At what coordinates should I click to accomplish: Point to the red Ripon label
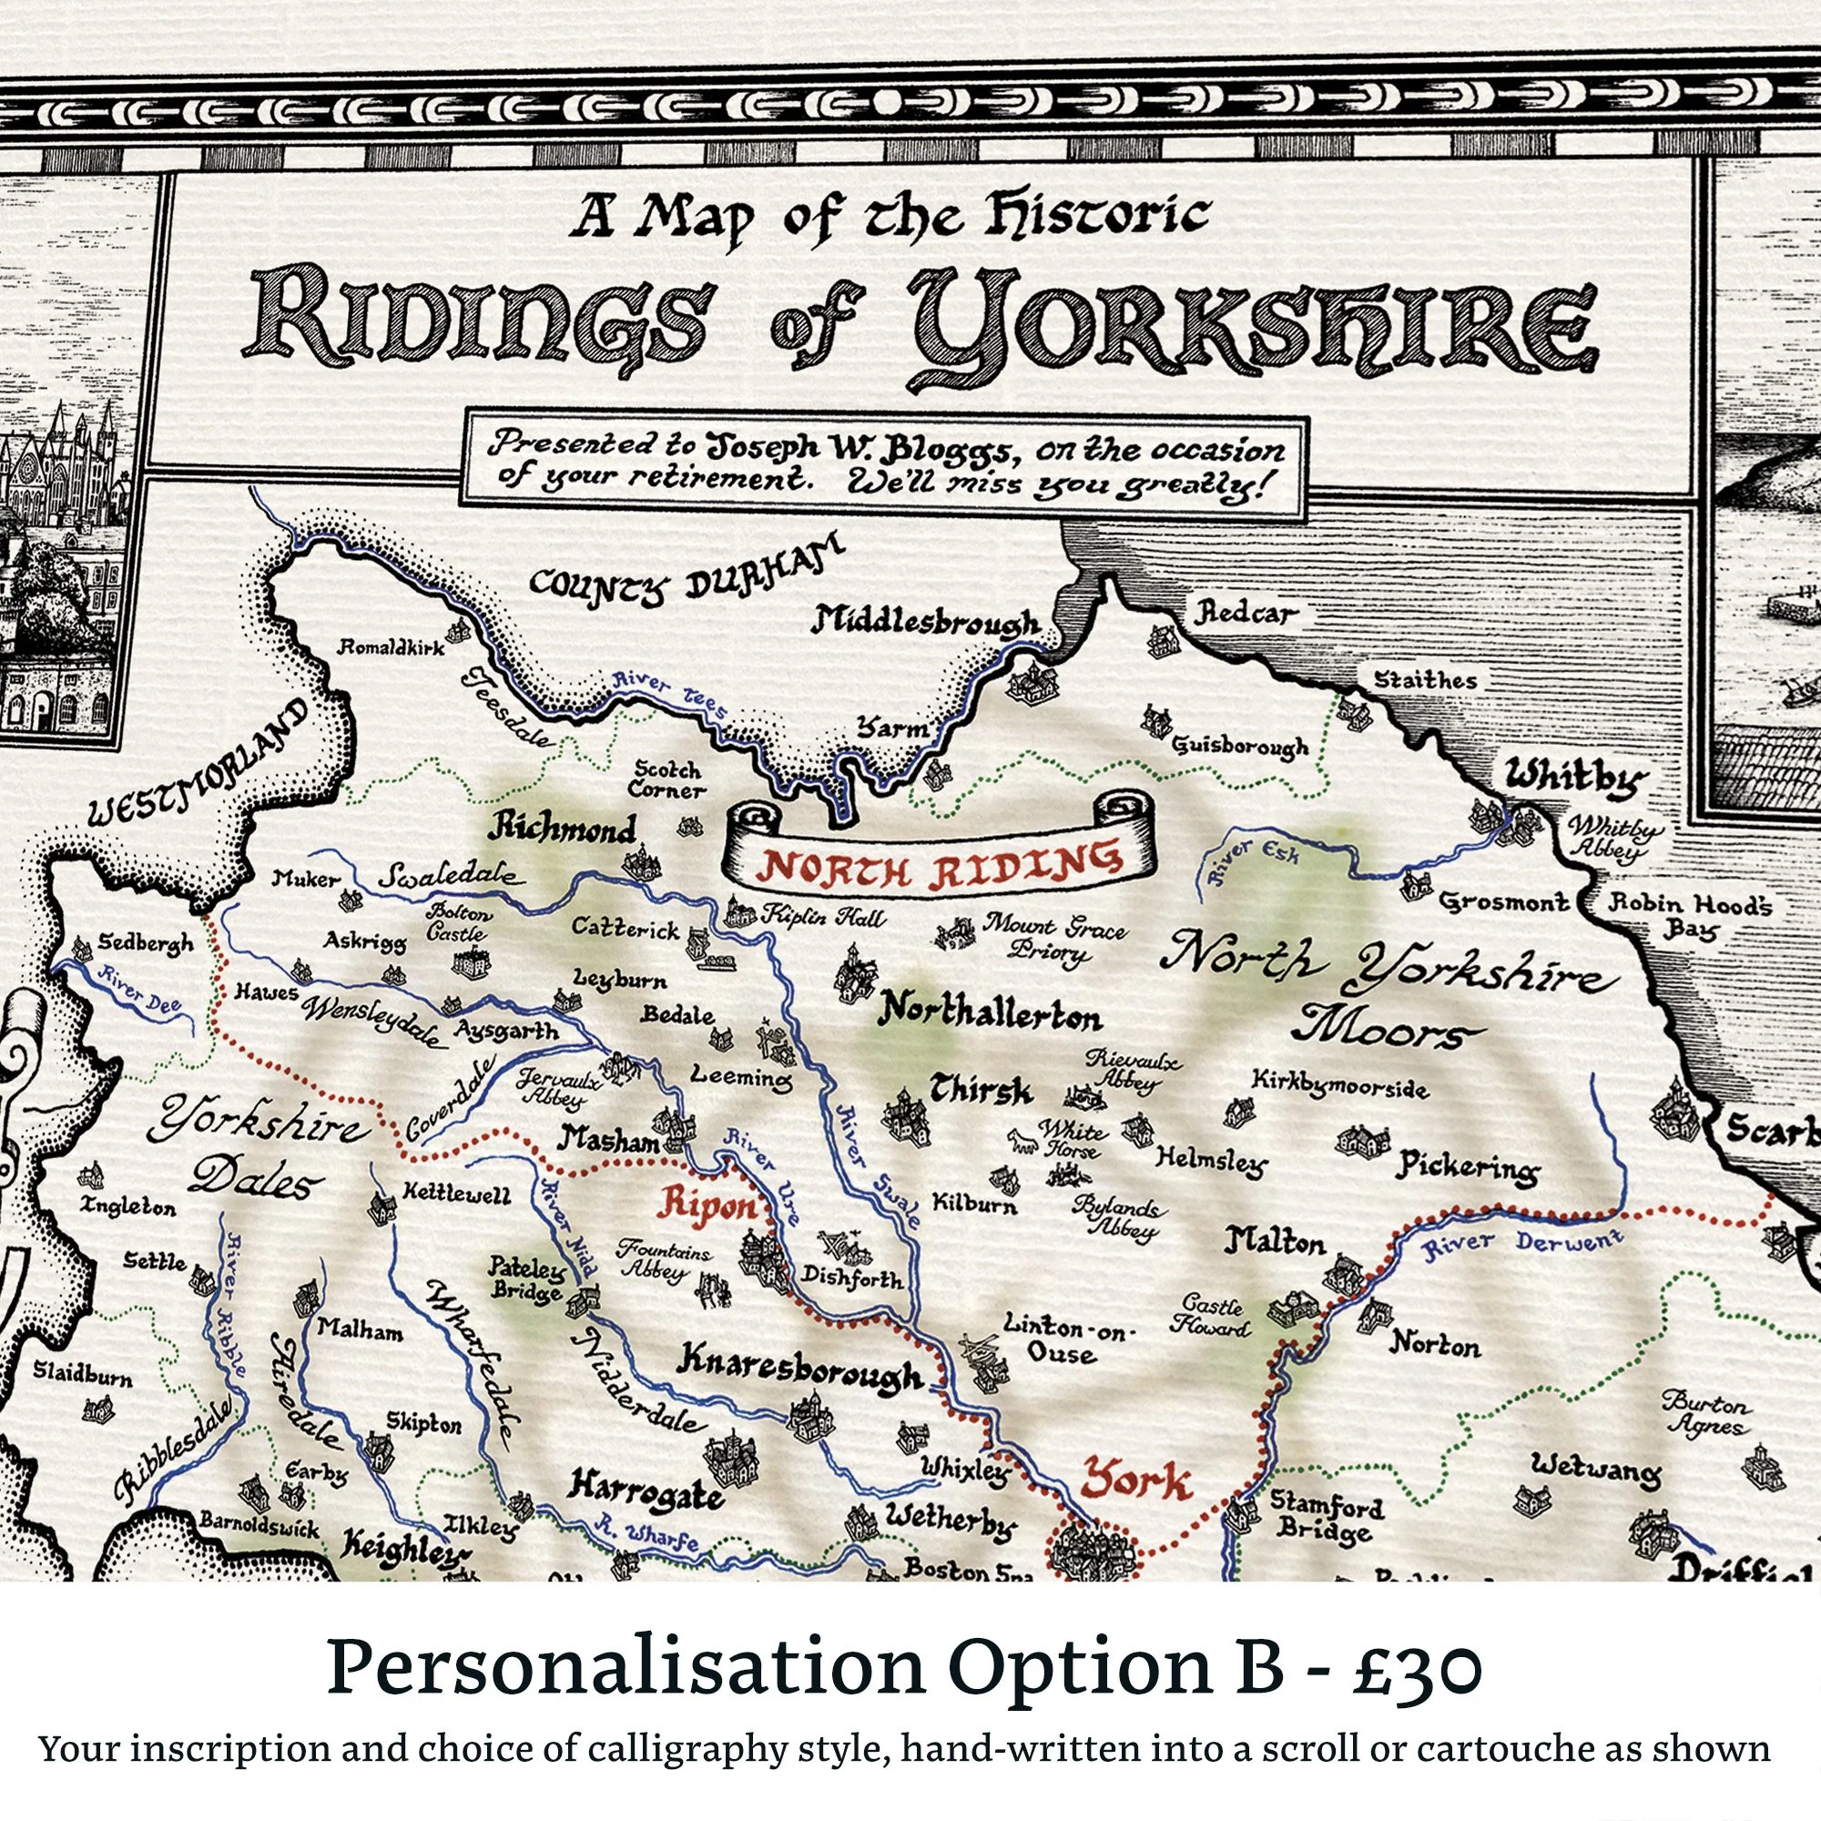[x=708, y=1206]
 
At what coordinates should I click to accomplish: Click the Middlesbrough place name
[x=927, y=622]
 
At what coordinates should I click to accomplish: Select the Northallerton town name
[x=989, y=1016]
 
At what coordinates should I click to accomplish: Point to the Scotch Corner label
[x=667, y=779]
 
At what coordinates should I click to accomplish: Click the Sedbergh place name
[x=146, y=942]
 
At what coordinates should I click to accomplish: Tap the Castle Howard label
[x=1212, y=1316]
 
